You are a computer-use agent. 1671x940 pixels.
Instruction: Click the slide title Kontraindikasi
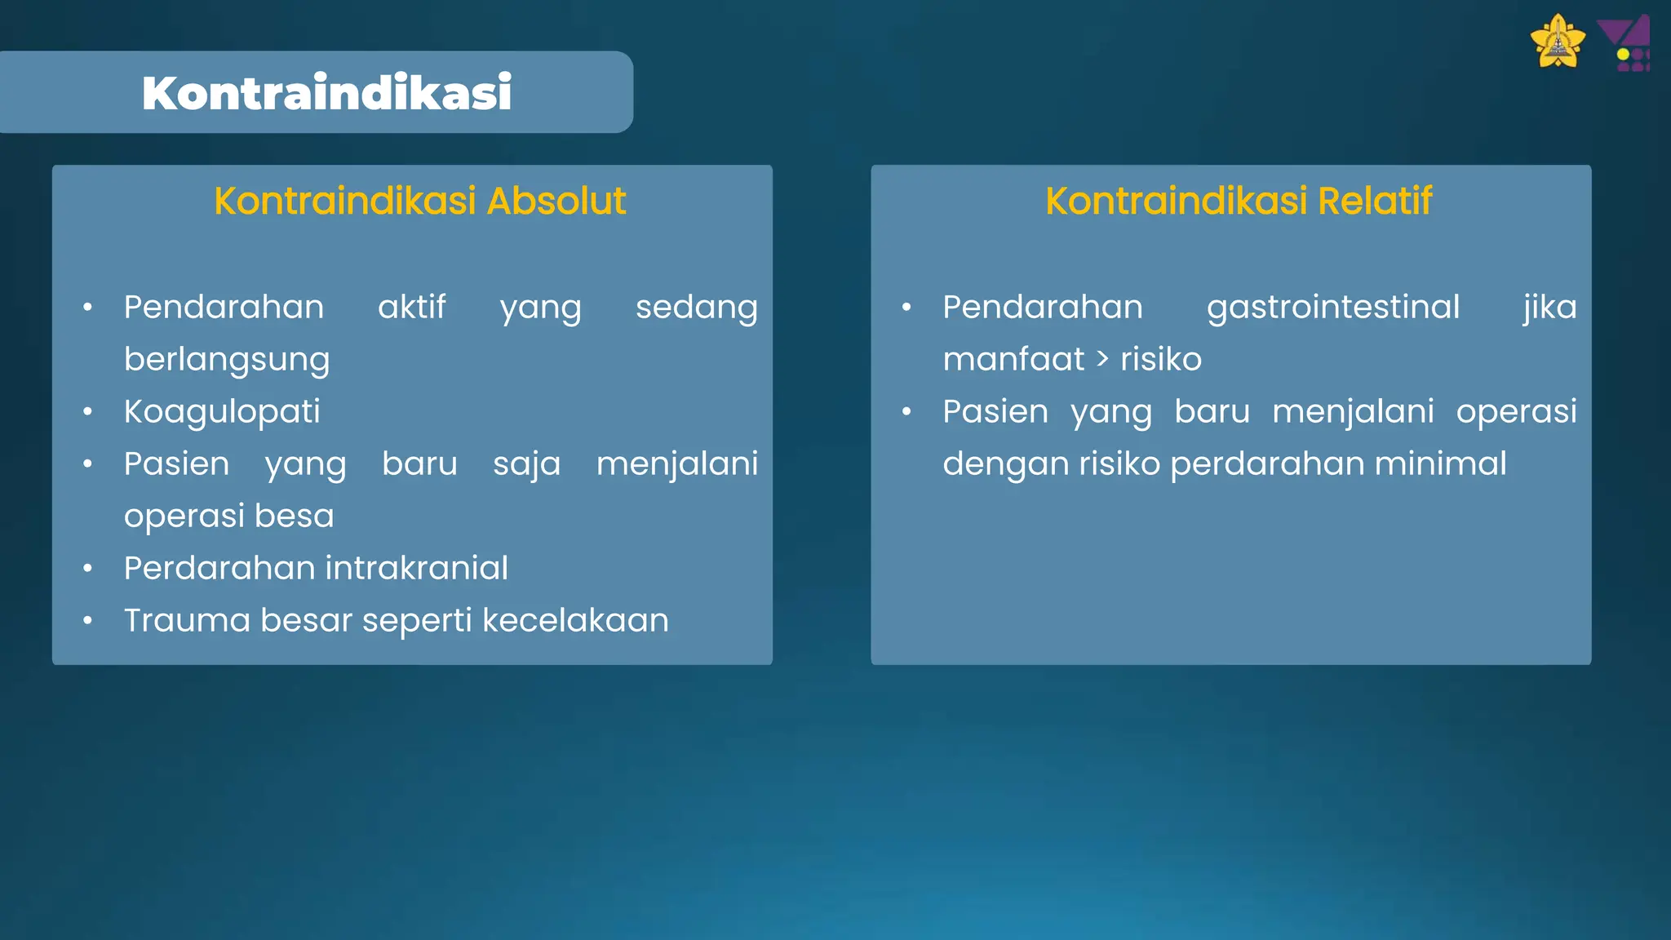coord(326,92)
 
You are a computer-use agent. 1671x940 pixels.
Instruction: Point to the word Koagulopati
coord(222,412)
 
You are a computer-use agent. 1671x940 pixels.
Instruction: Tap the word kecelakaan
coord(575,620)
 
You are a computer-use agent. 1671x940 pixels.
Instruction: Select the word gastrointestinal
coord(1332,308)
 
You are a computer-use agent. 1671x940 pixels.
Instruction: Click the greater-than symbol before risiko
coord(1102,359)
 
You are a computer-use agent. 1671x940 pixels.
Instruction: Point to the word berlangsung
coord(227,360)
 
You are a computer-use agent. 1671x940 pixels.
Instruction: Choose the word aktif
coord(411,308)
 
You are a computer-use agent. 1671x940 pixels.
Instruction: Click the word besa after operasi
coord(294,516)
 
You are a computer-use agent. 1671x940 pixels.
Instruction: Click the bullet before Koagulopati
coord(88,412)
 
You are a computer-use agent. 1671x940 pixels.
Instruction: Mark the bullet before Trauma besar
coord(88,621)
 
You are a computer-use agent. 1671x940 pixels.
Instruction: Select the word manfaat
coord(1013,359)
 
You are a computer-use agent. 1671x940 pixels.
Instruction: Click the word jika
coord(1549,308)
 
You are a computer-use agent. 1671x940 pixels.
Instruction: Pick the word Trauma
coord(187,620)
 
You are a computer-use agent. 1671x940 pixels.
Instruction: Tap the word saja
coord(526,464)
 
